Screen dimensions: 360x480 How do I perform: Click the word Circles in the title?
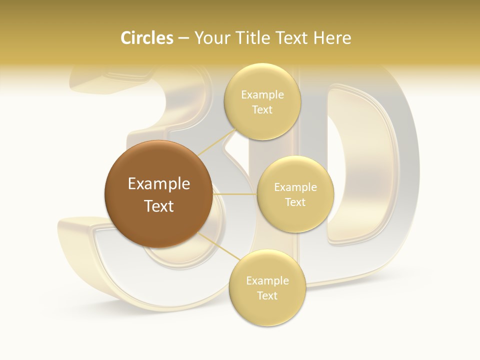(146, 38)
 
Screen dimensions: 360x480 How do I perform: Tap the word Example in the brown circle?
(159, 184)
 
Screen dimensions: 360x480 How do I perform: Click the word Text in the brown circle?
(159, 206)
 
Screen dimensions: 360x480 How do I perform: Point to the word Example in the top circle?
(262, 95)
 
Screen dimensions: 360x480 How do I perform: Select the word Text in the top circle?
(262, 109)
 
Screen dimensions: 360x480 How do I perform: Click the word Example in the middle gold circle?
(295, 187)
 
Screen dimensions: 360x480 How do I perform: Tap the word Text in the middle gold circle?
(295, 202)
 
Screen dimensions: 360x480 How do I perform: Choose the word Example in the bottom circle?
(267, 281)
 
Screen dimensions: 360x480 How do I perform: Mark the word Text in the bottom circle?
(267, 295)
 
